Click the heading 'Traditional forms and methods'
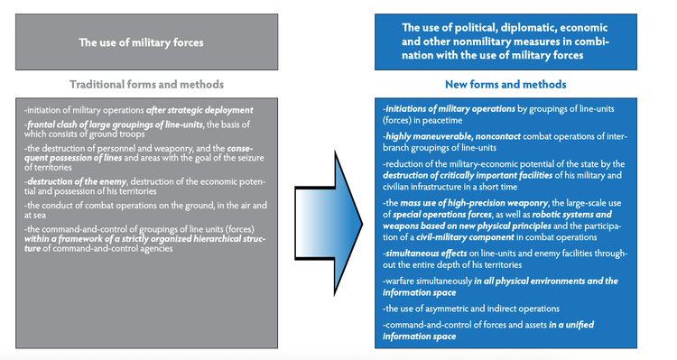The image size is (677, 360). [147, 84]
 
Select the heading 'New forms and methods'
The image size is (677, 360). [505, 84]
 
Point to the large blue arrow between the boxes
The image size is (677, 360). [329, 223]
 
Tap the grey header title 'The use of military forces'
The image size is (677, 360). [141, 42]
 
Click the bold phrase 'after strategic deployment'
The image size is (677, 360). [199, 110]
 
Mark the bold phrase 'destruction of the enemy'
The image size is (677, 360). [76, 181]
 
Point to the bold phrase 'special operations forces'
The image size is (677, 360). [442, 215]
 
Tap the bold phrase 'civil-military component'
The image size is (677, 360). [466, 237]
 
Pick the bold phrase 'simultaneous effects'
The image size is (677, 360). [425, 254]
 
